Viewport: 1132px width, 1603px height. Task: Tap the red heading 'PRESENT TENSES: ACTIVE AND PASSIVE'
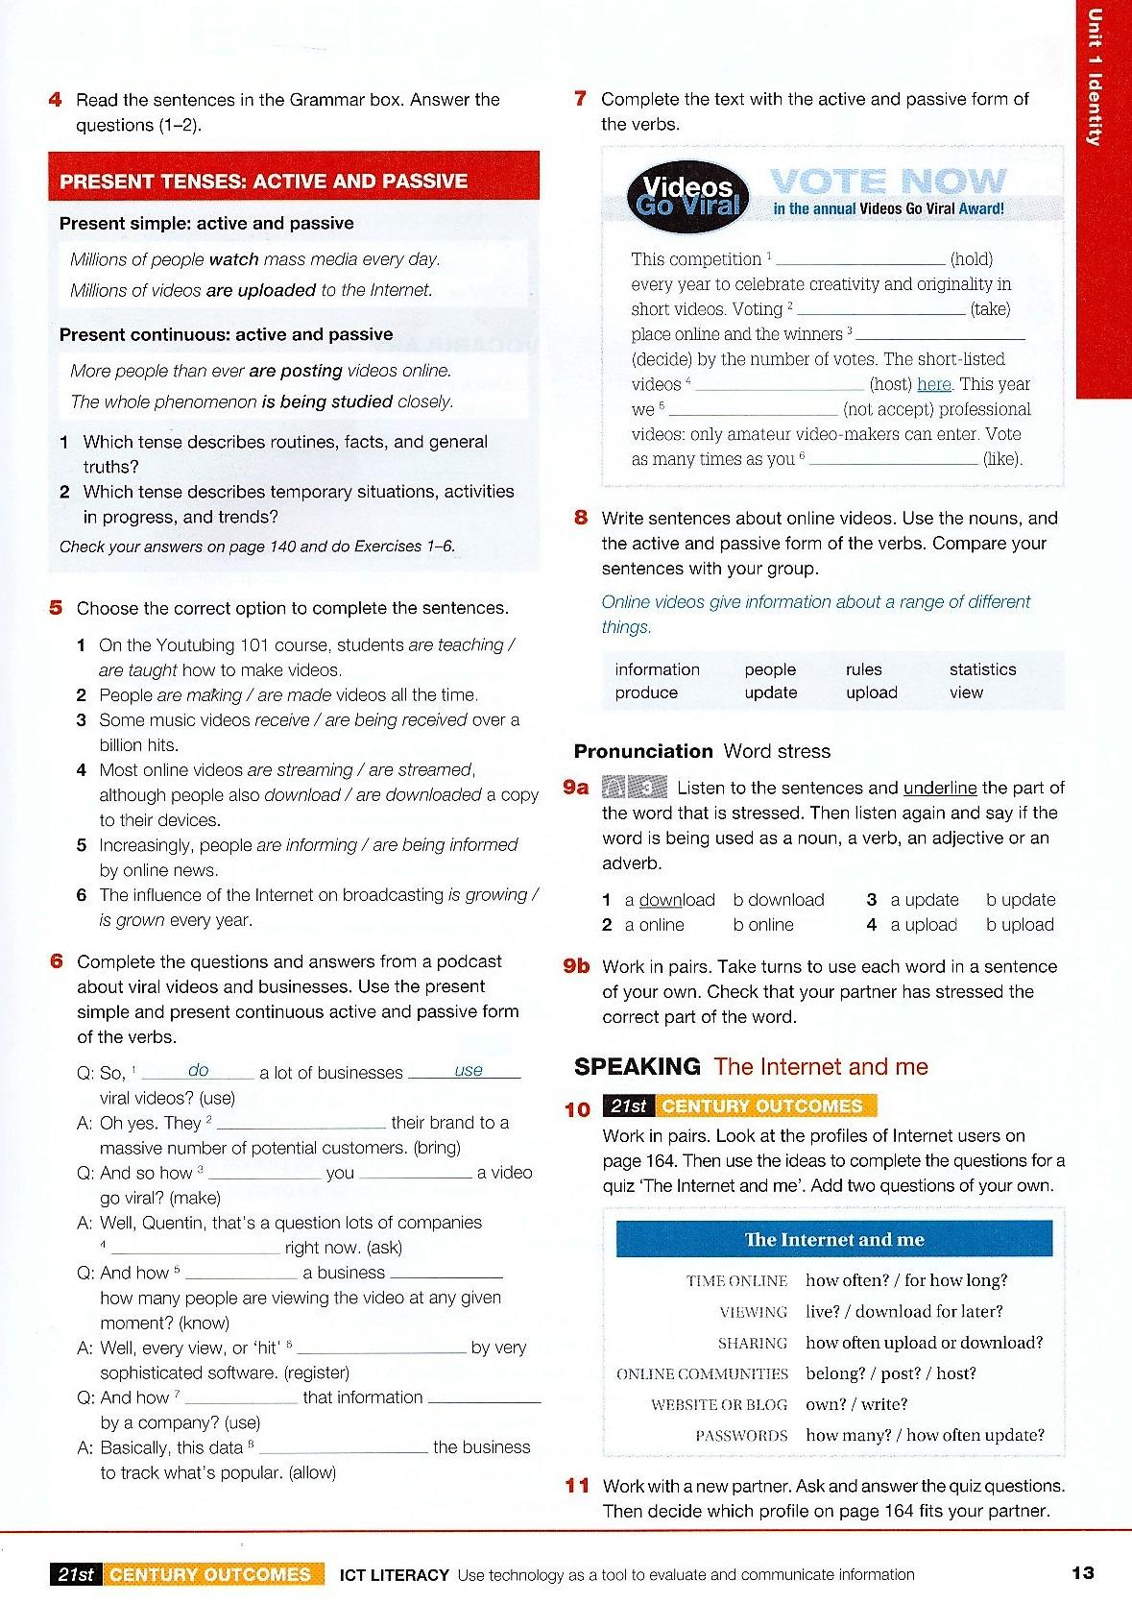pyautogui.click(x=263, y=182)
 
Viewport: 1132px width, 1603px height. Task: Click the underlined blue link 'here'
pyautogui.click(x=934, y=384)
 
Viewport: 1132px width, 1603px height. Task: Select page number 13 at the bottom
pyautogui.click(x=1082, y=1572)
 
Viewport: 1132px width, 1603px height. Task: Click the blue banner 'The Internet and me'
pyautogui.click(x=834, y=1239)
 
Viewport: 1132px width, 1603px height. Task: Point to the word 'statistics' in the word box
pyautogui.click(x=982, y=669)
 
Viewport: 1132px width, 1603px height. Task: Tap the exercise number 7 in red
pyautogui.click(x=580, y=99)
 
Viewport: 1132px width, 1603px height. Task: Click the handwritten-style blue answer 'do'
pyautogui.click(x=199, y=1070)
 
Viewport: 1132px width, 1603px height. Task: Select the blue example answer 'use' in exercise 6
pyautogui.click(x=469, y=1070)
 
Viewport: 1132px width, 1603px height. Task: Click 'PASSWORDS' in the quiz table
pyautogui.click(x=741, y=1436)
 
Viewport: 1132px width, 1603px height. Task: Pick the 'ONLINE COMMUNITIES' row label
pyautogui.click(x=702, y=1373)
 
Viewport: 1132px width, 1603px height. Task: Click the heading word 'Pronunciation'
pyautogui.click(x=643, y=751)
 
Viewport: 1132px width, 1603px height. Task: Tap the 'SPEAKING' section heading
pyautogui.click(x=638, y=1066)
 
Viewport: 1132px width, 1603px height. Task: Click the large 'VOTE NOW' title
pyautogui.click(x=888, y=181)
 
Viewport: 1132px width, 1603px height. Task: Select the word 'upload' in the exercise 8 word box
pyautogui.click(x=871, y=692)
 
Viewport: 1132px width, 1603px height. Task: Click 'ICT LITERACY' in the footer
pyautogui.click(x=395, y=1574)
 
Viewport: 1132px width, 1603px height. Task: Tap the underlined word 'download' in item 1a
pyautogui.click(x=677, y=900)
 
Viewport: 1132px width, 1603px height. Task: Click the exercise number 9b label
pyautogui.click(x=576, y=966)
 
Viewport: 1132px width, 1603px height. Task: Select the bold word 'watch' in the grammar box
pyautogui.click(x=234, y=259)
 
